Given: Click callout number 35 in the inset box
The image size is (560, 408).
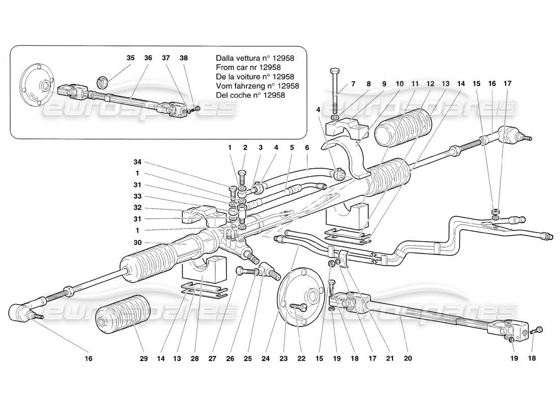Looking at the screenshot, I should pyautogui.click(x=130, y=58).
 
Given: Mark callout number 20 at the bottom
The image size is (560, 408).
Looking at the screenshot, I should pyautogui.click(x=407, y=359).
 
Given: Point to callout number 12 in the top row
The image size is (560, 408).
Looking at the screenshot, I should pyautogui.click(x=431, y=83).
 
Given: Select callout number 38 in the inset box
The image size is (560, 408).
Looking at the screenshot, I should pyautogui.click(x=183, y=58).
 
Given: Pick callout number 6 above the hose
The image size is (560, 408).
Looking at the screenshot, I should pyautogui.click(x=307, y=147).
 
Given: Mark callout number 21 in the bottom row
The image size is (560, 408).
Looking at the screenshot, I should pyautogui.click(x=390, y=359).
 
